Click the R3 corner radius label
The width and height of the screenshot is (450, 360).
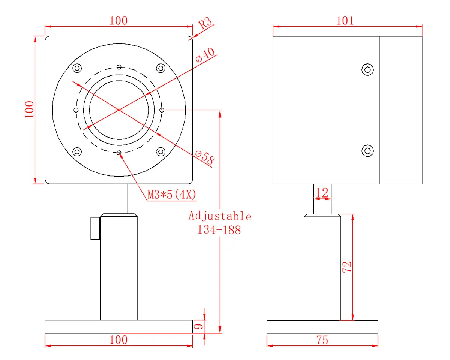click(x=205, y=22)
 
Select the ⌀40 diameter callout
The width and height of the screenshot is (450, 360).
click(x=205, y=55)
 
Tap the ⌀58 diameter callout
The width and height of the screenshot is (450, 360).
click(x=205, y=158)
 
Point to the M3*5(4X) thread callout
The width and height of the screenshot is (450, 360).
click(x=172, y=195)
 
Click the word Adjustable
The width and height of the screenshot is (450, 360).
click(x=220, y=216)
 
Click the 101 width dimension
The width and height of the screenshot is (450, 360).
click(x=345, y=21)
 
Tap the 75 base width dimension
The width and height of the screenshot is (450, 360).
click(x=322, y=340)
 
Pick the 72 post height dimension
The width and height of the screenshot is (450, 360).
click(x=347, y=267)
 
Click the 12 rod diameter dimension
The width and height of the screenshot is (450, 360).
click(x=322, y=193)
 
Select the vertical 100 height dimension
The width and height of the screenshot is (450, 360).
click(x=29, y=109)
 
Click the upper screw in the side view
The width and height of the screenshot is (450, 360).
click(x=367, y=69)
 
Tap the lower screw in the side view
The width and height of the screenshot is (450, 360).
click(x=367, y=151)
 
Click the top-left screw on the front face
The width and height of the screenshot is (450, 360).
click(x=77, y=68)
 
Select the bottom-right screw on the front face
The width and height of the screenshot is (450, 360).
click(x=160, y=151)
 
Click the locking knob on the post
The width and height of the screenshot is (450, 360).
click(x=95, y=228)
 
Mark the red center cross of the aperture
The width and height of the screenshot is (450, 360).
click(x=119, y=110)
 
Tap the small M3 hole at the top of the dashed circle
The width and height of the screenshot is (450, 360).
click(x=119, y=67)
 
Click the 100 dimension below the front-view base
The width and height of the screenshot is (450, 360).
click(x=118, y=340)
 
